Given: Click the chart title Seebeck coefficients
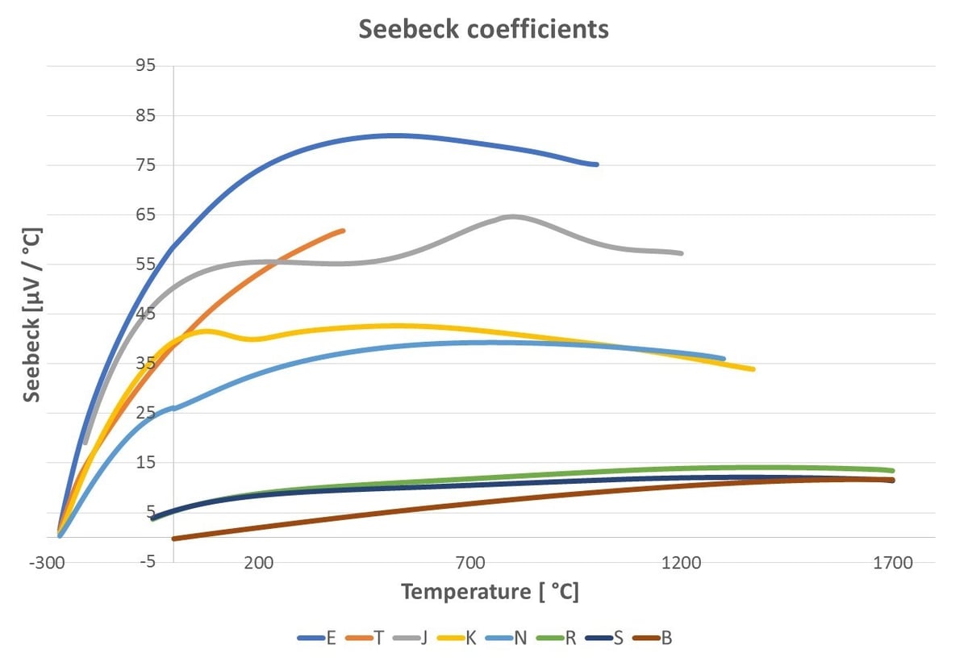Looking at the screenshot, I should pos(483,29).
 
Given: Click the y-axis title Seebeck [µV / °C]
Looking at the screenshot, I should pos(32,314).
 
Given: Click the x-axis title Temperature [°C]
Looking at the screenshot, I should pos(490,592).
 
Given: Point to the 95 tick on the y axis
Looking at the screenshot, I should pos(145,65).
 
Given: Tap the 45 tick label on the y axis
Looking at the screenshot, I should pos(145,314).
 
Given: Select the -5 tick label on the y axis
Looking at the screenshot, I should pos(145,562).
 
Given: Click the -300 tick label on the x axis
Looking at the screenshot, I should pos(48,563).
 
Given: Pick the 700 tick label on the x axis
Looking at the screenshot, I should pos(469,563).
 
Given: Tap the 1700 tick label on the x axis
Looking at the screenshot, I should pos(892,563).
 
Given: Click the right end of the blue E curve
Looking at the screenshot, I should pos(596,164).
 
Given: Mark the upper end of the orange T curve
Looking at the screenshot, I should pos(343,231).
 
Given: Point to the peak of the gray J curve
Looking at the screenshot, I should pos(512,216).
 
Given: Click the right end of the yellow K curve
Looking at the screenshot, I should pos(753,369).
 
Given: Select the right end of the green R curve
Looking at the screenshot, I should pos(892,471).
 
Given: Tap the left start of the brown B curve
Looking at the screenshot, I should pos(173,539).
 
